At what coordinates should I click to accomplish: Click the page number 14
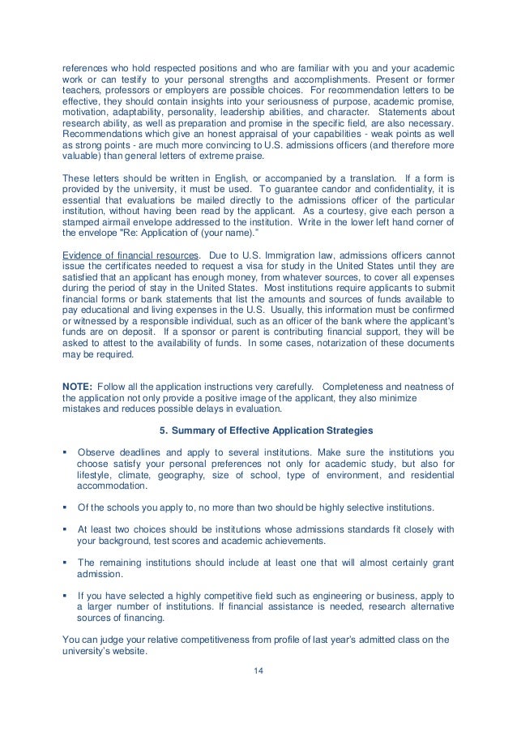[x=258, y=670]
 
